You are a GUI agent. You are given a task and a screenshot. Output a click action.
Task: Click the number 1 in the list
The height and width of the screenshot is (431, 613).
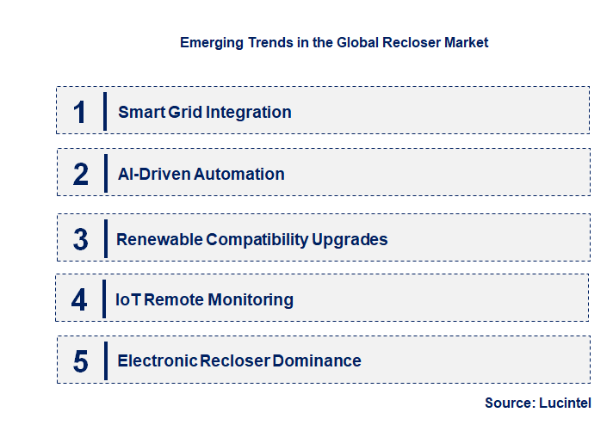click(79, 112)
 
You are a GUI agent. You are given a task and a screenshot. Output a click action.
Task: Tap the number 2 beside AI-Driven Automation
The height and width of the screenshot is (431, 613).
click(80, 174)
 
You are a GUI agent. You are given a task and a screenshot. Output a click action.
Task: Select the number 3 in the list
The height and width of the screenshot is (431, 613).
click(80, 238)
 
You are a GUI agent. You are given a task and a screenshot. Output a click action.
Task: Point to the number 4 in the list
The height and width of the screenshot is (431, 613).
click(79, 299)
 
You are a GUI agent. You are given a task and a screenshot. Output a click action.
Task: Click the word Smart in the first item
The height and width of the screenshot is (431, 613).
click(137, 112)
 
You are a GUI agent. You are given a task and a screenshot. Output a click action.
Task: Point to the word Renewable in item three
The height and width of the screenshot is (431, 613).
click(159, 238)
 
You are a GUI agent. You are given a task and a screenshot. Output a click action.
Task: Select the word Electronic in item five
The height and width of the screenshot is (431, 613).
click(157, 360)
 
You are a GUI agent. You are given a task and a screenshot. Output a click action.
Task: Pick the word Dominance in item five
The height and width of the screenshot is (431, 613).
click(317, 360)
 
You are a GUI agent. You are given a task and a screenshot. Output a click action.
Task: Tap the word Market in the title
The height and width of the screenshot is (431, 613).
click(466, 42)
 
